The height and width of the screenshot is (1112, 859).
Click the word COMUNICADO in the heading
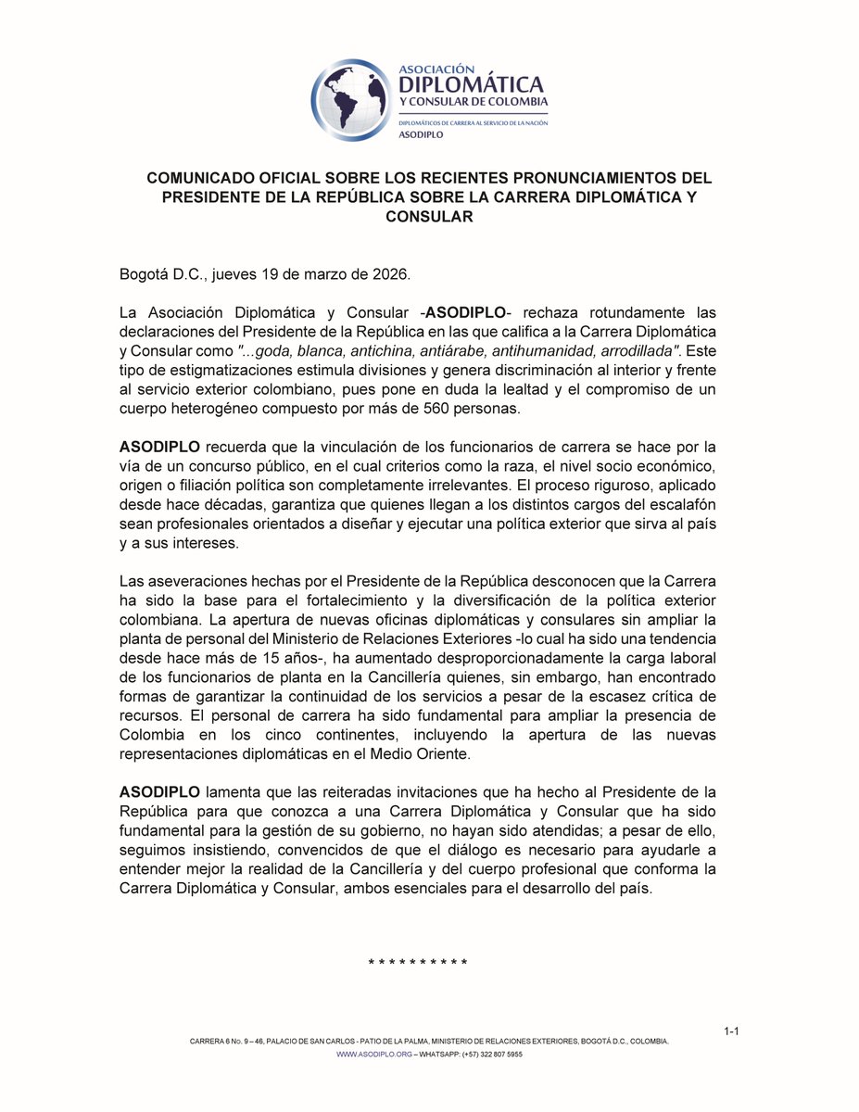(x=203, y=177)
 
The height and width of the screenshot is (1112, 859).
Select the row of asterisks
(x=418, y=963)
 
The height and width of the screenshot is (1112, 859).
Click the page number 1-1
(x=731, y=1031)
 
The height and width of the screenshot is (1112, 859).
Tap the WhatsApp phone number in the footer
(x=493, y=1055)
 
